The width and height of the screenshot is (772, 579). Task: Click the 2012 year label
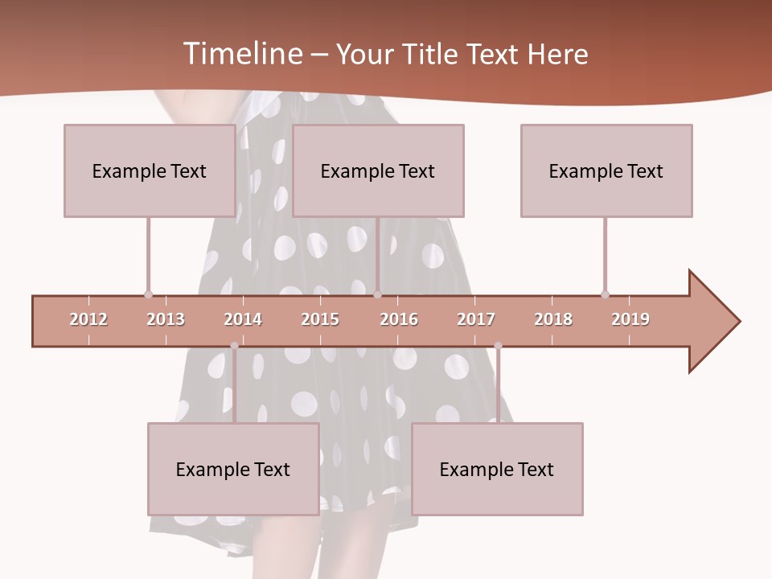[88, 319]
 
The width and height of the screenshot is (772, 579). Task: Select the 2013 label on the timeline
[166, 319]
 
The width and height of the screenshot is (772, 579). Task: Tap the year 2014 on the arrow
[243, 319]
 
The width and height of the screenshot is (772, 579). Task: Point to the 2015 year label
[320, 319]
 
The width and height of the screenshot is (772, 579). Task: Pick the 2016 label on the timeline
[399, 319]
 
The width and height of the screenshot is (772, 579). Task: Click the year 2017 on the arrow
[476, 319]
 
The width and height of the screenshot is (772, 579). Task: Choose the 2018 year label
[553, 319]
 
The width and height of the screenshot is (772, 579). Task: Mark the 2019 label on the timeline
[630, 319]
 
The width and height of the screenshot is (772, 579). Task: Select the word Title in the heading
[431, 54]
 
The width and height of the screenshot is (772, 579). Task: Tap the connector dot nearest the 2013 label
[148, 294]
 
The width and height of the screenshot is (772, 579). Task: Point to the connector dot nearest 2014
[234, 346]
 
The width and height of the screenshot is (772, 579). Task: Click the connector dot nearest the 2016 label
[378, 294]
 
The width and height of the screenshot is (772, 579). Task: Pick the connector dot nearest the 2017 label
[498, 346]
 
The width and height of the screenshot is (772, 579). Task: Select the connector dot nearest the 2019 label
[606, 294]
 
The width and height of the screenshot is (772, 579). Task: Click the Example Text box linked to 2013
[150, 170]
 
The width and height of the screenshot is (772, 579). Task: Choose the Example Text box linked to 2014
[233, 469]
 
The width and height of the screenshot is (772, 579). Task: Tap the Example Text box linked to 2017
[497, 469]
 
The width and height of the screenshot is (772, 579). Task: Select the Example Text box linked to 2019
[606, 170]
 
